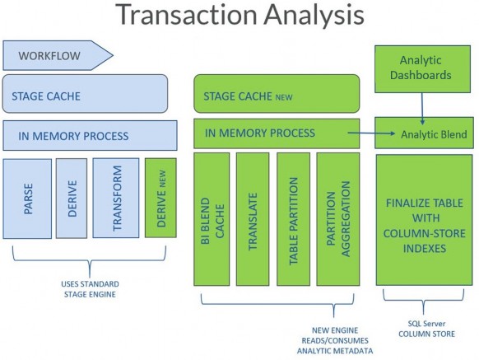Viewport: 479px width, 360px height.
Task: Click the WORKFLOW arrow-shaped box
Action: pyautogui.click(x=58, y=55)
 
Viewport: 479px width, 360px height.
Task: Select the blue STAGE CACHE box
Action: pyautogui.click(x=85, y=94)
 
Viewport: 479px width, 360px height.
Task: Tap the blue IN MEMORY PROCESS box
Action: pyautogui.click(x=90, y=135)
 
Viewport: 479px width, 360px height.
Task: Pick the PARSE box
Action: pyautogui.click(x=27, y=199)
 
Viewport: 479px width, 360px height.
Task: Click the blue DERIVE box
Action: pyautogui.click(x=72, y=199)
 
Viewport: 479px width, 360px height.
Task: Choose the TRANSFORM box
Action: pyautogui.click(x=116, y=198)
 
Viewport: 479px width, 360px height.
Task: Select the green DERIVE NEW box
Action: pyautogui.click(x=160, y=198)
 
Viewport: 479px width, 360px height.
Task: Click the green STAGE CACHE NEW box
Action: pyautogui.click(x=277, y=94)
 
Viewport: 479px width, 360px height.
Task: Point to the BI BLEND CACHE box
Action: pyautogui.click(x=212, y=219)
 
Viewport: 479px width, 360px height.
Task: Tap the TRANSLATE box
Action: pyautogui.click(x=253, y=219)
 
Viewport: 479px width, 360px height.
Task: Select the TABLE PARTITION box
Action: pyautogui.click(x=293, y=219)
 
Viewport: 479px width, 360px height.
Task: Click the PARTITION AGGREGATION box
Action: pyautogui.click(x=338, y=219)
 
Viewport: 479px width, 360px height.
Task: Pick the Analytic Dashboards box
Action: pyautogui.click(x=423, y=69)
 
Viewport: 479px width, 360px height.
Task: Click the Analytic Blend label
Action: pyautogui.click(x=434, y=134)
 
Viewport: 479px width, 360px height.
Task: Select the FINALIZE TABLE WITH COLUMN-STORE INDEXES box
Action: pyautogui.click(x=425, y=220)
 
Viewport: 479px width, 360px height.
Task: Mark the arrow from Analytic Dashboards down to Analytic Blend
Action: pyautogui.click(x=422, y=109)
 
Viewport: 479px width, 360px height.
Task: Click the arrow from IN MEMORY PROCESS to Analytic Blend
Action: pyautogui.click(x=371, y=133)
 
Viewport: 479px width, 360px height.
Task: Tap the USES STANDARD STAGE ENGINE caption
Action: pyautogui.click(x=90, y=289)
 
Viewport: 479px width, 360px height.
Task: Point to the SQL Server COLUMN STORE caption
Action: pyautogui.click(x=427, y=329)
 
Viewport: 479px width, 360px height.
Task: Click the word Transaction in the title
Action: pyautogui.click(x=187, y=14)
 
